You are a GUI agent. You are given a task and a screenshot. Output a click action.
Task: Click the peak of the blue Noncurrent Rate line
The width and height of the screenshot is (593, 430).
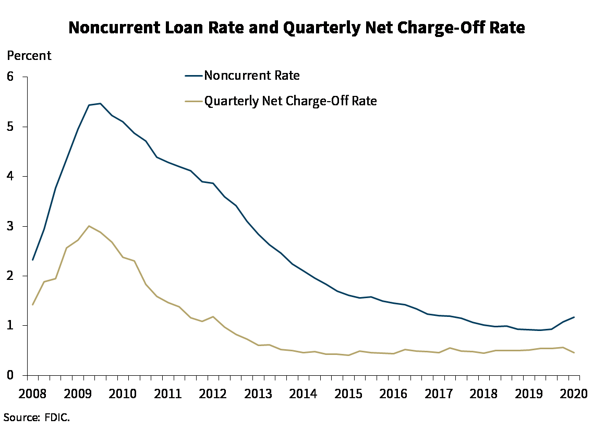point(100,103)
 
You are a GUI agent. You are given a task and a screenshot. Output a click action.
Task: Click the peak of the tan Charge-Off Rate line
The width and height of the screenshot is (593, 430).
point(89,226)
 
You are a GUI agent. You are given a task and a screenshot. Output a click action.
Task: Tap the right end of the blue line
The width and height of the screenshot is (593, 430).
point(574,317)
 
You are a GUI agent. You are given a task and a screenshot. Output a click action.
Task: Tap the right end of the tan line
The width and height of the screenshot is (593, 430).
point(574,353)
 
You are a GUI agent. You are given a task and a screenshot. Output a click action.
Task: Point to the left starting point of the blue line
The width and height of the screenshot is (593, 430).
point(33,260)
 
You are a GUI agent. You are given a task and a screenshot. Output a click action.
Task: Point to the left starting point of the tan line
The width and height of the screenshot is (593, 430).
point(33,304)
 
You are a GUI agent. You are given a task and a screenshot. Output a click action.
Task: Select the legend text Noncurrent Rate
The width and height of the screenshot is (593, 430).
point(252,76)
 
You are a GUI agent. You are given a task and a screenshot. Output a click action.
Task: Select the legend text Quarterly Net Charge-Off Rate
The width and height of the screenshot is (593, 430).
point(291,101)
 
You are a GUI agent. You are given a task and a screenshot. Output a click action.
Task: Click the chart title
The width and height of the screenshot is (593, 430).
point(297,28)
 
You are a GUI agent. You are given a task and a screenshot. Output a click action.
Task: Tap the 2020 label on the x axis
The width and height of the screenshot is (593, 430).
point(574,393)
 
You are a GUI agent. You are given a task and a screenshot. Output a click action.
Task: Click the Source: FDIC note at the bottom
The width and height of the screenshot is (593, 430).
point(37,417)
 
